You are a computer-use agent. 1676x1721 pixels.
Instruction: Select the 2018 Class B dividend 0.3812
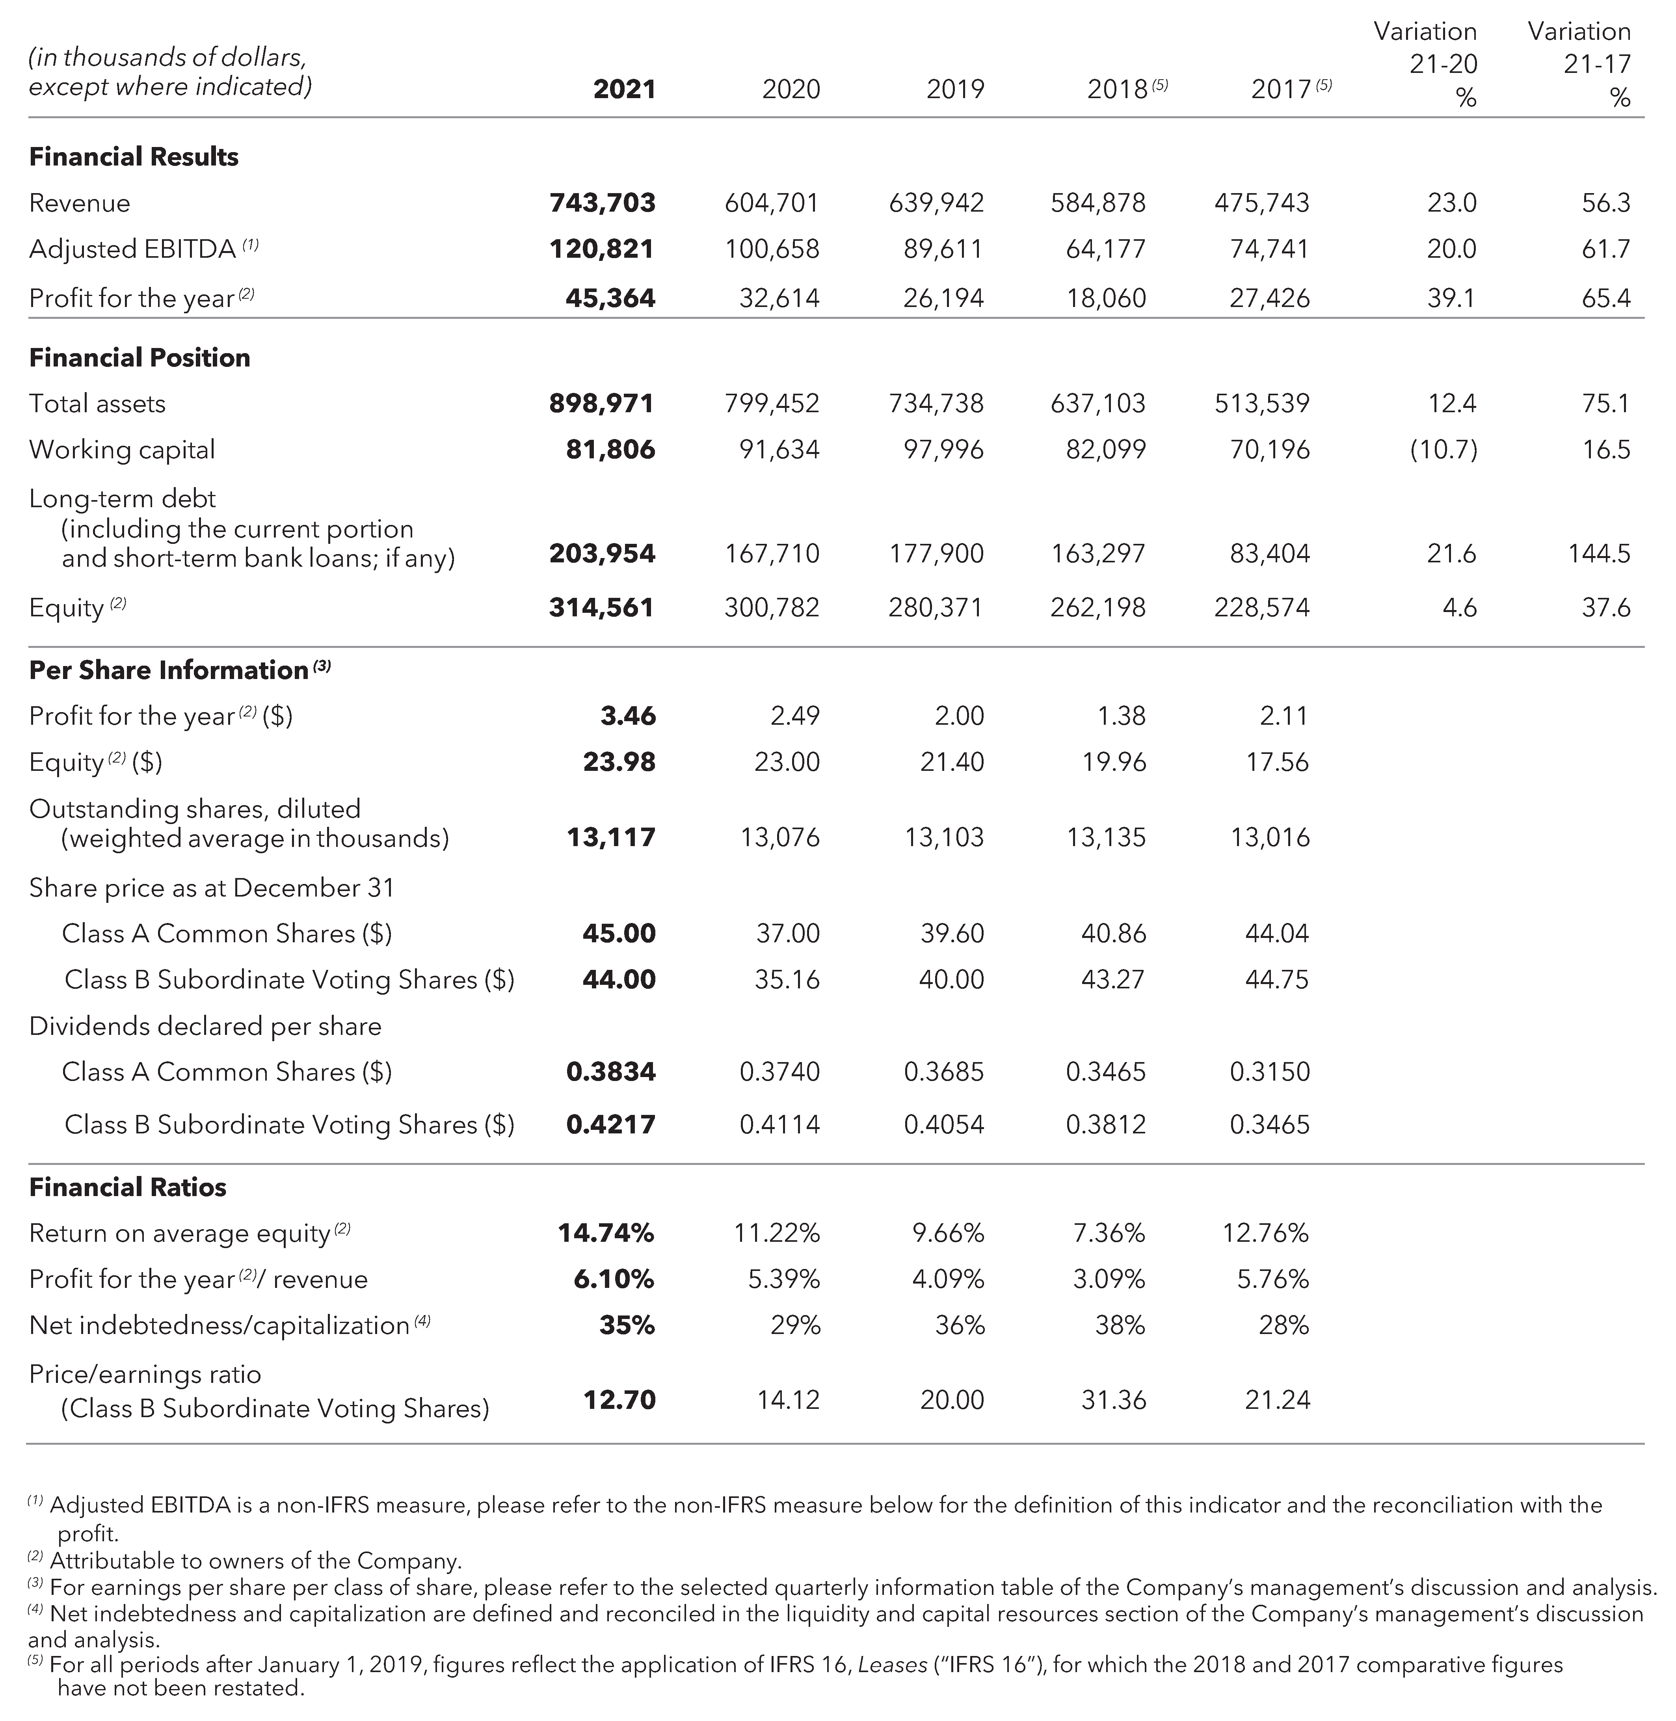tap(1106, 1124)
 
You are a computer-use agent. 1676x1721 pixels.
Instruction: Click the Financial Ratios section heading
tap(128, 1187)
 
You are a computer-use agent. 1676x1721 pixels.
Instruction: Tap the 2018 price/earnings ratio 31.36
tap(1114, 1400)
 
